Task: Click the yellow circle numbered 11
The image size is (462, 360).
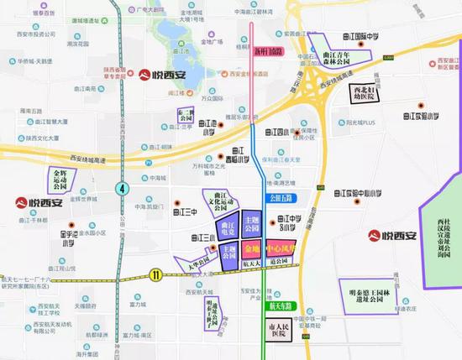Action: click(x=155, y=274)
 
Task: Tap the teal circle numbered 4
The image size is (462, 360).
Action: click(x=122, y=188)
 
